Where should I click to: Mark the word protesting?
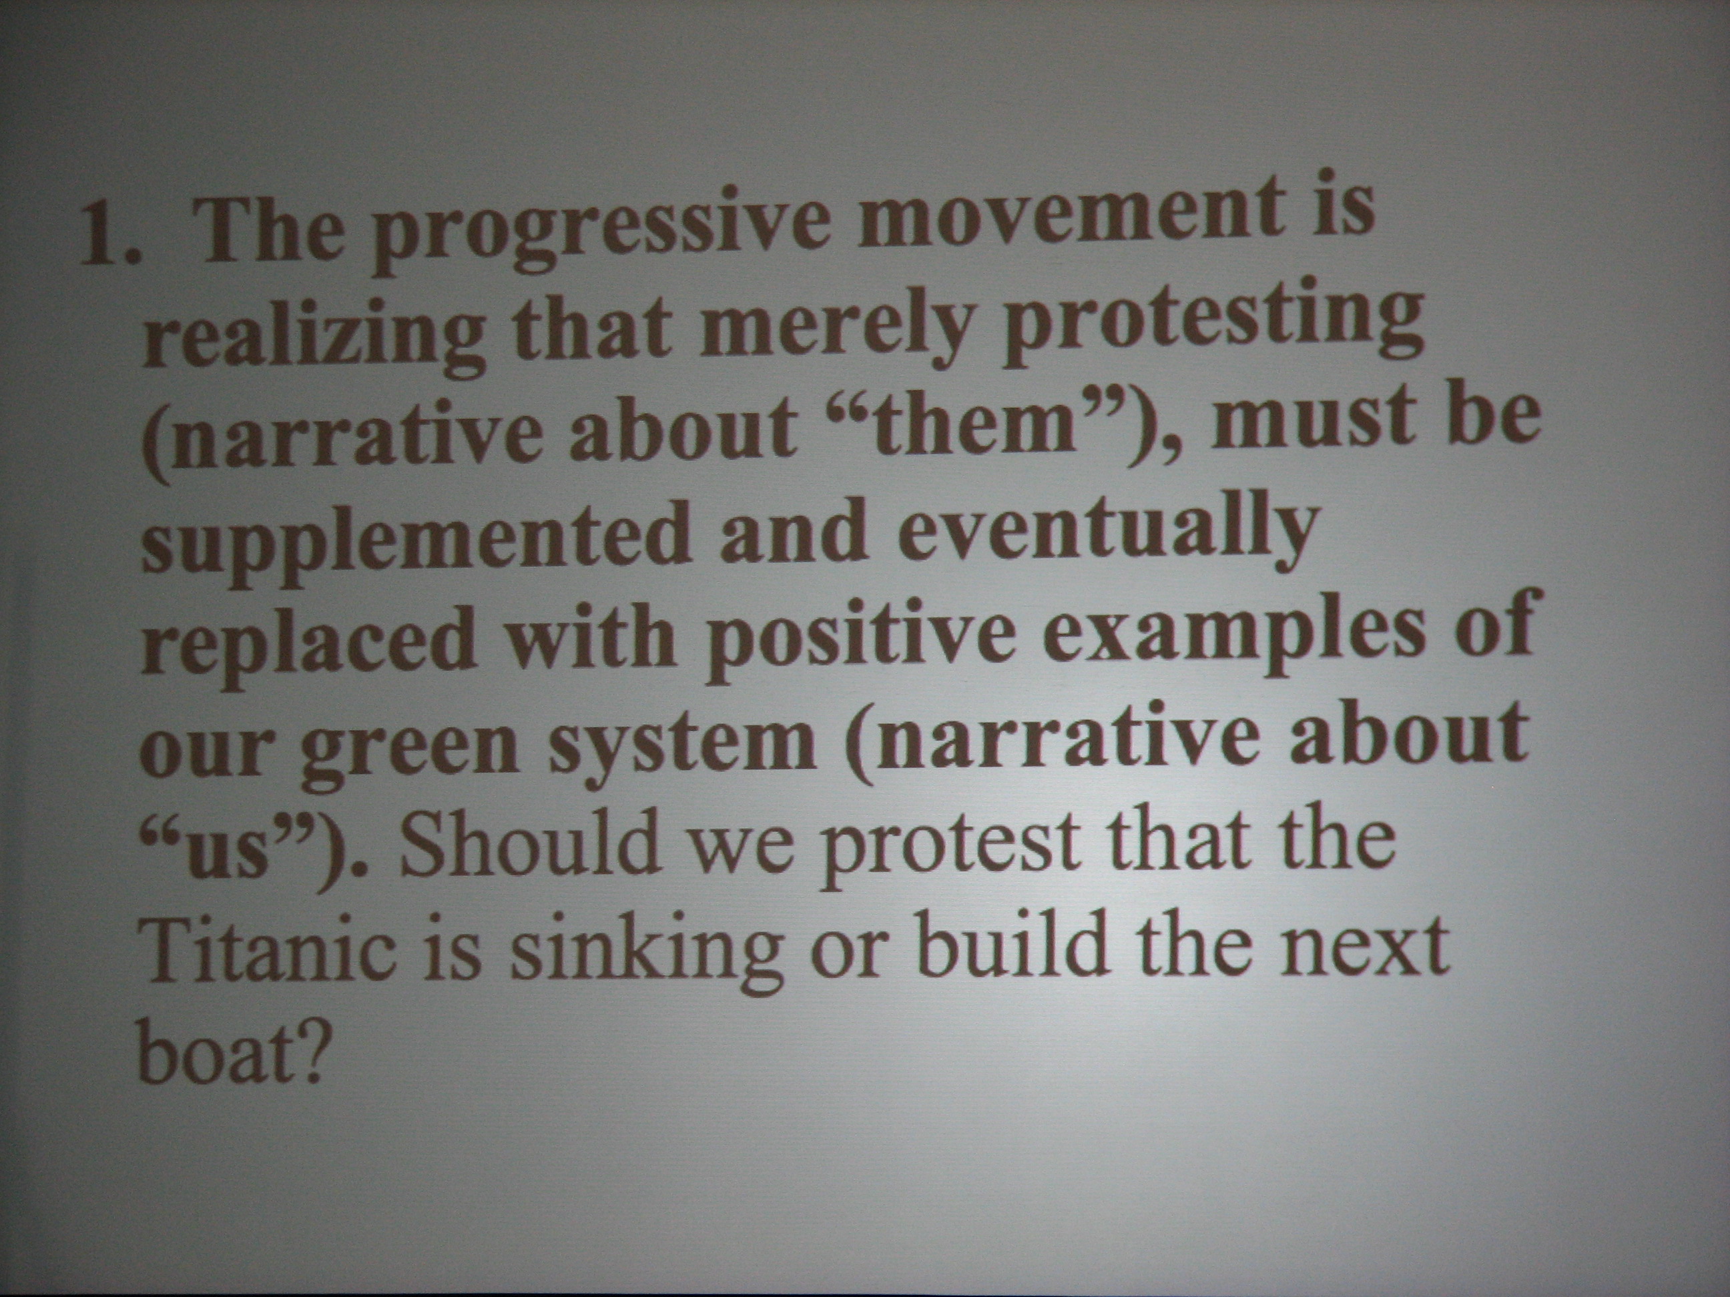pyautogui.click(x=1212, y=325)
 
